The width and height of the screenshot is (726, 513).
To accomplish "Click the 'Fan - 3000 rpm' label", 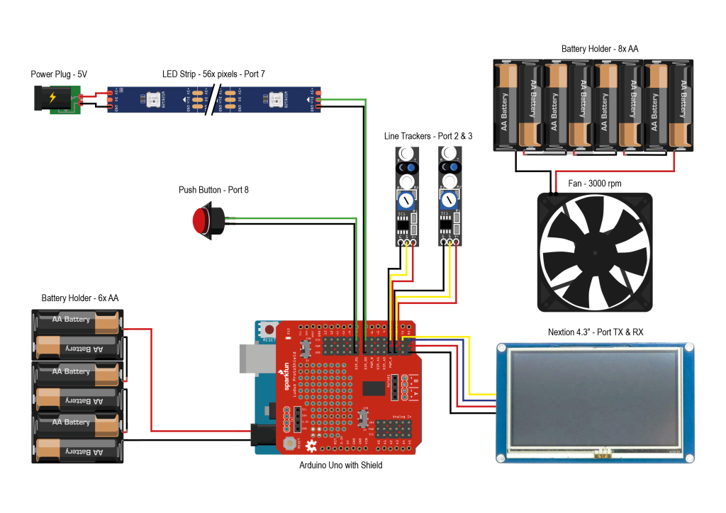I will [x=594, y=184].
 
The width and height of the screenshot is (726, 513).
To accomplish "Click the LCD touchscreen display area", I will [x=594, y=400].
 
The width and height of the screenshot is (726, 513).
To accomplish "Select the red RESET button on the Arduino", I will [x=269, y=329].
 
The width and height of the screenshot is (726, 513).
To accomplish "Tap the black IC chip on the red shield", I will [x=373, y=388].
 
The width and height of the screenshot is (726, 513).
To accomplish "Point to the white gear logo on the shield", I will [x=311, y=446].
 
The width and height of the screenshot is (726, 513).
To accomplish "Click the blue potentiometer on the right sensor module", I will [x=449, y=199].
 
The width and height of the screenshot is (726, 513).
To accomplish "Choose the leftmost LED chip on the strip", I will [x=152, y=100].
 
